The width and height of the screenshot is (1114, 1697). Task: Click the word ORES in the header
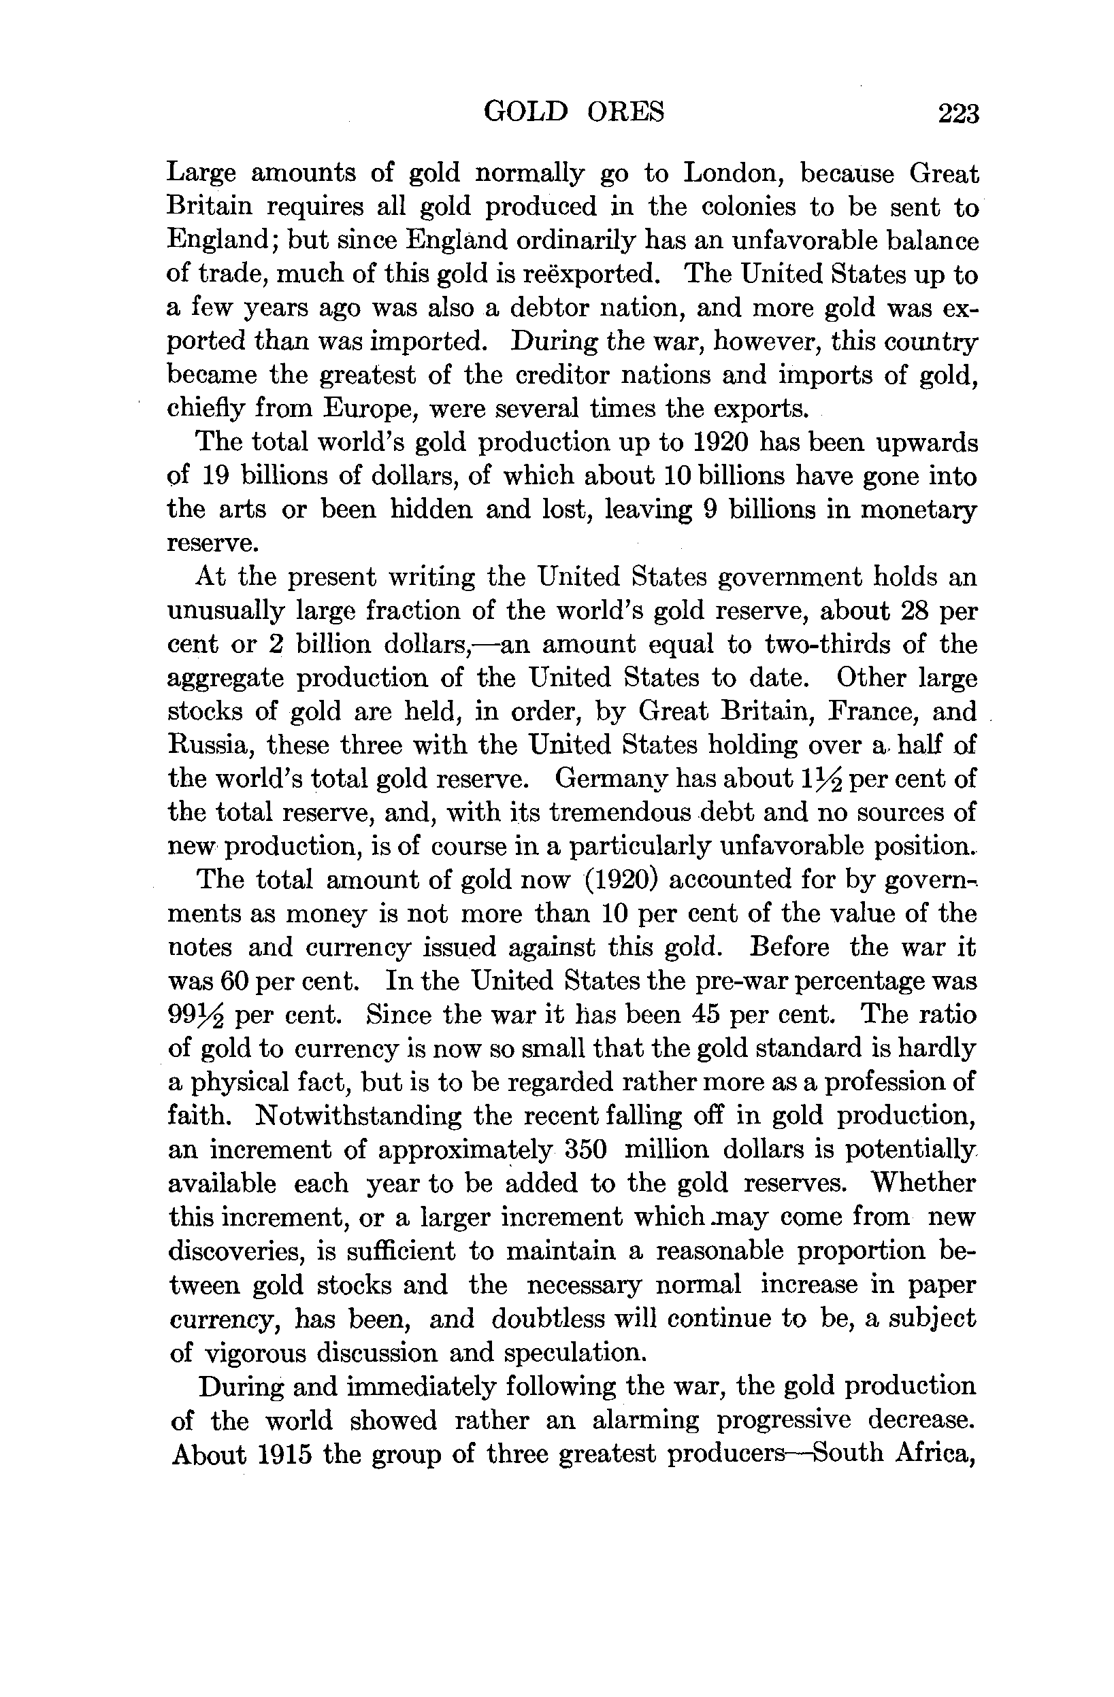click(x=625, y=112)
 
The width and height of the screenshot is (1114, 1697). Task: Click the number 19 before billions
click(x=214, y=475)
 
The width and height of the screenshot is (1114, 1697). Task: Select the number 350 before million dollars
click(x=585, y=1150)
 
